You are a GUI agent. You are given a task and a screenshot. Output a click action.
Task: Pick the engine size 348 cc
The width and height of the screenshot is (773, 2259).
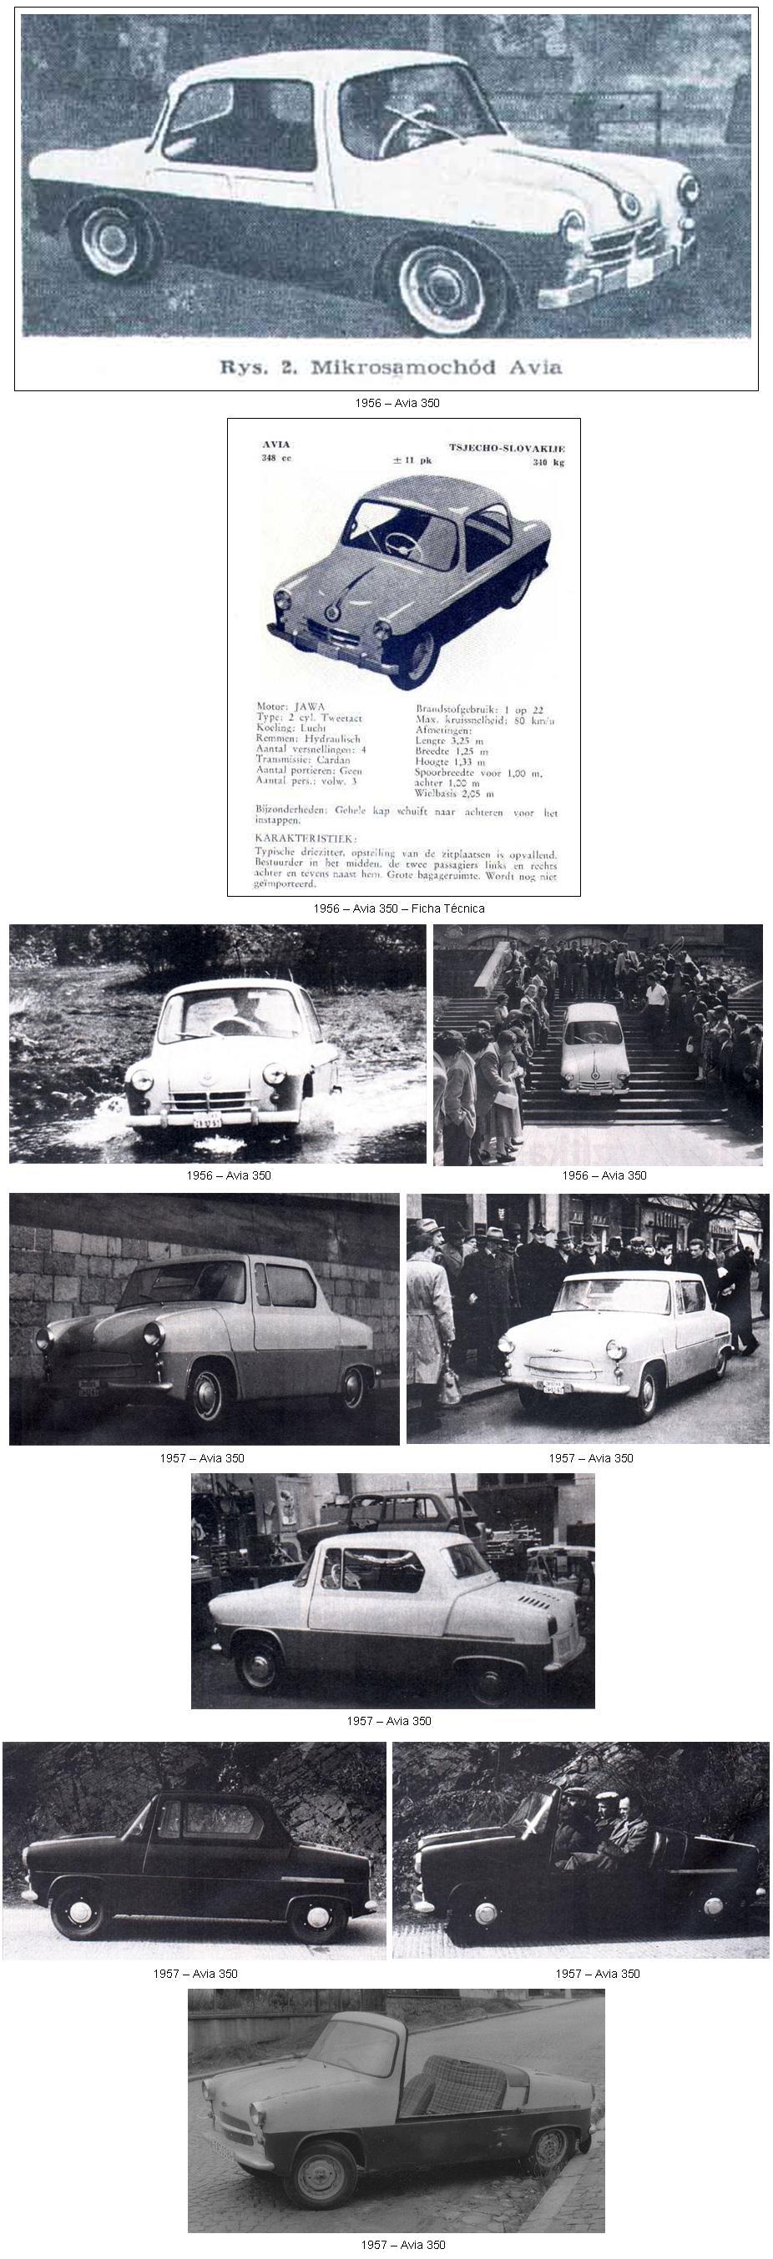[x=275, y=459]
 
